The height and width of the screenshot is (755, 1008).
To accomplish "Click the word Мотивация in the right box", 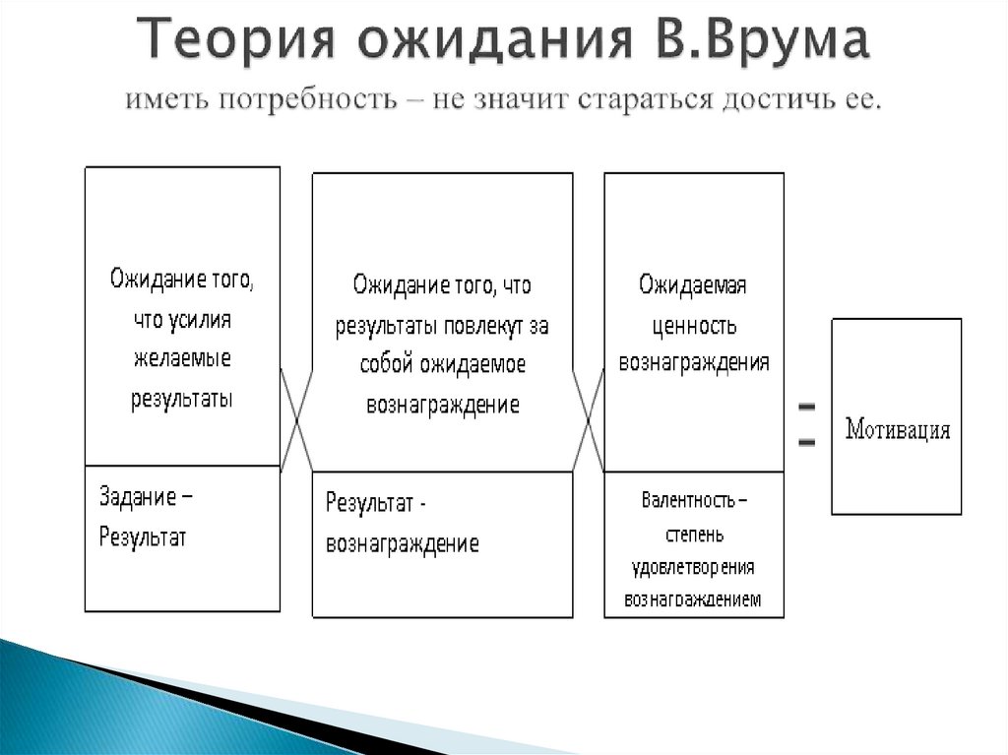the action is point(898,430).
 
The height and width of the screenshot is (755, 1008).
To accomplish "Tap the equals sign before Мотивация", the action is point(806,424).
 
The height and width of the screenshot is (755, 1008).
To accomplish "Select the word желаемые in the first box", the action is point(182,359).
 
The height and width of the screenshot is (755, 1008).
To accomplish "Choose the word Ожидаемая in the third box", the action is point(693,285).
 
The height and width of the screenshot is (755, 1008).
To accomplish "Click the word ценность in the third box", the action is point(694,325).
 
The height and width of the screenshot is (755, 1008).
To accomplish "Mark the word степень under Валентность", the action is point(694,535).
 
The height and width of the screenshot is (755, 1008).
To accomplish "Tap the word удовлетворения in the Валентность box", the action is point(693,568).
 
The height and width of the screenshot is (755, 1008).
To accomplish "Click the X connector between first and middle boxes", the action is point(296,417).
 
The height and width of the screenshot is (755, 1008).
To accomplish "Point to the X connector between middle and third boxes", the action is point(589,417).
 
